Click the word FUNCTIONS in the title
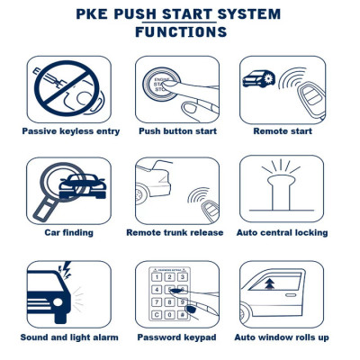coord(180,32)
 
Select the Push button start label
coord(178,130)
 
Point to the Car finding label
coord(68,232)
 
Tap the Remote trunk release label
coord(175,232)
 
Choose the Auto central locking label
coord(282,232)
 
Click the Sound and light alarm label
coord(68,337)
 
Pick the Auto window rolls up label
coord(282,337)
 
